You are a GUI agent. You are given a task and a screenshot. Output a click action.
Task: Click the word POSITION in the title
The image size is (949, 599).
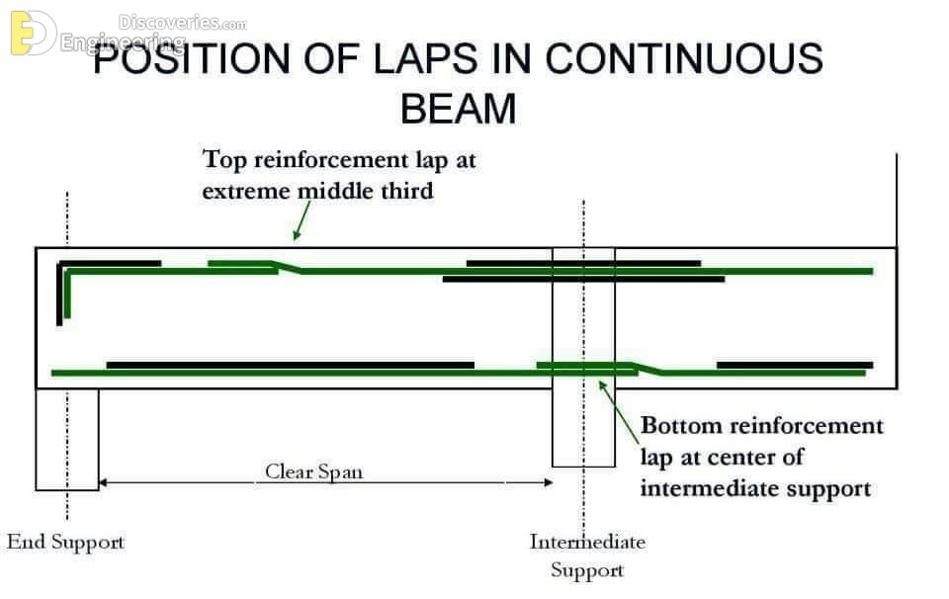coord(192,58)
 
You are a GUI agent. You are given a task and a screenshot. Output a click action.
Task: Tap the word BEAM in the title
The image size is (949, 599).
coord(458,109)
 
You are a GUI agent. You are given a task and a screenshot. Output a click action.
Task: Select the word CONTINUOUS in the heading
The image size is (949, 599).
coord(684,58)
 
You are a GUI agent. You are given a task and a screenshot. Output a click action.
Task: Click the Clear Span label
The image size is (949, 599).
coord(313,471)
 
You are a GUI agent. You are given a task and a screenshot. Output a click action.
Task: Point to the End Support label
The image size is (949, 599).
coord(65,542)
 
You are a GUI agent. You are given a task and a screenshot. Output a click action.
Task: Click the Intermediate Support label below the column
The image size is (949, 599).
coord(587,556)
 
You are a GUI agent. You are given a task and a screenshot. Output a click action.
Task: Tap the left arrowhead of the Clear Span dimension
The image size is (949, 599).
coord(103,482)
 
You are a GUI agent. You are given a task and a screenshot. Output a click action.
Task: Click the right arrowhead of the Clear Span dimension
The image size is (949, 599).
coord(549,482)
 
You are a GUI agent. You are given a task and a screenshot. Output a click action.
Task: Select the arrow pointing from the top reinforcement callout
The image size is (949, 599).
coord(302,220)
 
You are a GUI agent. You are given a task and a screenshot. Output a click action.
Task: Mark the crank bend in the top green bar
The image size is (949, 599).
coord(288,267)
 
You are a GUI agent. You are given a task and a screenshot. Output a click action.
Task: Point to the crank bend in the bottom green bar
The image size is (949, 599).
coord(648,369)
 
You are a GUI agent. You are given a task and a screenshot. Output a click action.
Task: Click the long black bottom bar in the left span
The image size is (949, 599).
coord(290,365)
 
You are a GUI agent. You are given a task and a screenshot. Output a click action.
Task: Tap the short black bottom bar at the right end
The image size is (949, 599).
coord(795,365)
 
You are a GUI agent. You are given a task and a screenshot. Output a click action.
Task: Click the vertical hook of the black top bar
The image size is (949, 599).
coord(59,295)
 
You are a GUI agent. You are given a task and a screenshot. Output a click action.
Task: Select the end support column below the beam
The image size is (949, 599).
coord(67,439)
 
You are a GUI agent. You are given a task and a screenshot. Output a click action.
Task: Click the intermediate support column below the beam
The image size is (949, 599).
coord(583,427)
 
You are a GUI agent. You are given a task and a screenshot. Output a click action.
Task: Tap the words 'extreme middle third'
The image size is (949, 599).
coord(317,191)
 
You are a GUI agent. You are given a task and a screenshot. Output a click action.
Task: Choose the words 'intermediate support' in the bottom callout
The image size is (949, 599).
coord(755,487)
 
